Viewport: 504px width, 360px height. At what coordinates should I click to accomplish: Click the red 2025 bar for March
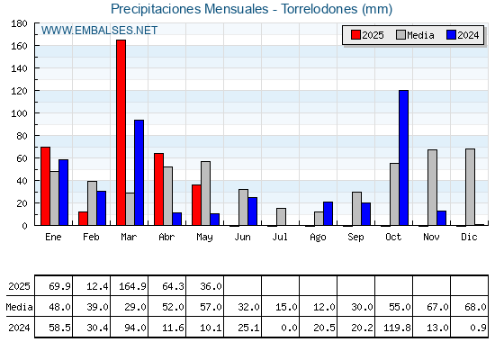(x=121, y=132)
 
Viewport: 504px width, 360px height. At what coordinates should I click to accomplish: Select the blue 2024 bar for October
(x=404, y=157)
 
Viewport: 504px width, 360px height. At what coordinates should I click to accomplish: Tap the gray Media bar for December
(x=470, y=187)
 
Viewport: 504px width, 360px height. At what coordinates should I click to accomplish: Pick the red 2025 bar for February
(x=83, y=218)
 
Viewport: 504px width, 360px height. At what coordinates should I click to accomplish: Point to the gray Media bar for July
(x=281, y=217)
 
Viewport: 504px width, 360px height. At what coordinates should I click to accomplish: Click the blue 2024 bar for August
(x=328, y=214)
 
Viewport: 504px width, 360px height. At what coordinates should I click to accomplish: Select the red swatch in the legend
(x=355, y=35)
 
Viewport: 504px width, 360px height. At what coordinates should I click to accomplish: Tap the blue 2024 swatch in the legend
(x=451, y=35)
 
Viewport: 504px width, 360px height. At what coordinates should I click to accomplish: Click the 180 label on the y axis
(x=19, y=23)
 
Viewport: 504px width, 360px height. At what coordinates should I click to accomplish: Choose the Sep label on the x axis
(x=355, y=238)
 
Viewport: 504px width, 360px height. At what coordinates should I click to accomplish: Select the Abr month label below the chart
(x=166, y=238)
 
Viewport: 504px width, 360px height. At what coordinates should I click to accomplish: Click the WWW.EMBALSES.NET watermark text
(x=99, y=31)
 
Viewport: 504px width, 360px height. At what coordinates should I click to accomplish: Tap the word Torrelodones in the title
(x=319, y=9)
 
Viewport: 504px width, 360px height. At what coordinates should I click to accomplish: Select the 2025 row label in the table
(x=19, y=286)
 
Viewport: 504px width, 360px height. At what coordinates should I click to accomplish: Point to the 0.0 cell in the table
(x=289, y=328)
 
